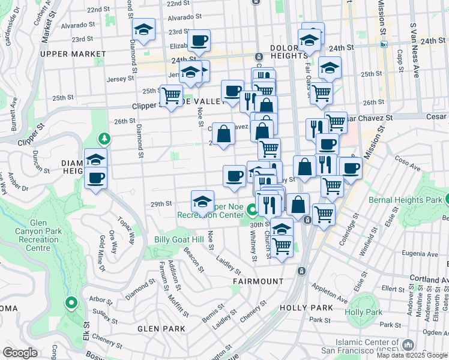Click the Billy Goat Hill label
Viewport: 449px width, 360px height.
[x=179, y=239]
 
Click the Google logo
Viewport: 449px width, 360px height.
[x=20, y=353]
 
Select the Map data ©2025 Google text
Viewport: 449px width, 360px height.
[x=412, y=355]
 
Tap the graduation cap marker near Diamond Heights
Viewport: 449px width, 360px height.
[x=95, y=159]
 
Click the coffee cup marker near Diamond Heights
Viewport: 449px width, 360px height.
[x=95, y=177]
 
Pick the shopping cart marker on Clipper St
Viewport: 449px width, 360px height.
[x=172, y=95]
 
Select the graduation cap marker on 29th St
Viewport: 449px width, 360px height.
[x=203, y=201]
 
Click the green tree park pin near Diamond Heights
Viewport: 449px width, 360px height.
[x=105, y=139]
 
